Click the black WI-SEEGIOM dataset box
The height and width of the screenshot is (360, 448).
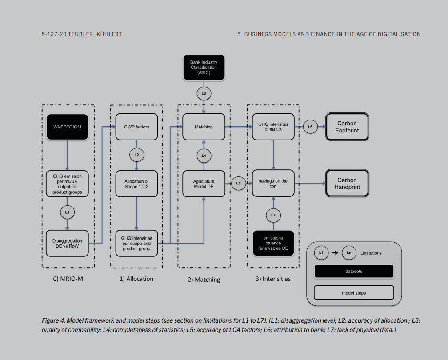pos(67,127)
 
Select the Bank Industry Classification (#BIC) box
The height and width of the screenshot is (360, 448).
pos(204,67)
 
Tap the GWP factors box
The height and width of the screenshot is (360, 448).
pos(136,127)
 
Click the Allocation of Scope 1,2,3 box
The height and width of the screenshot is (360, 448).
pos(136,184)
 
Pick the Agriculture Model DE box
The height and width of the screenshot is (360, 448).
pos(204,184)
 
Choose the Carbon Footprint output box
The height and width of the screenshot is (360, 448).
pos(347,127)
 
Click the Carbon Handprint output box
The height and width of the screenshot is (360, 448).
pos(347,184)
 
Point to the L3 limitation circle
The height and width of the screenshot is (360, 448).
pos(204,94)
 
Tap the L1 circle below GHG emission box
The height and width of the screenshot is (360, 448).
pos(67,212)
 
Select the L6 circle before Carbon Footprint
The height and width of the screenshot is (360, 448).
pos(310,127)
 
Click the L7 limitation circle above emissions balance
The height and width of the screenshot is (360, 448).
pos(273,215)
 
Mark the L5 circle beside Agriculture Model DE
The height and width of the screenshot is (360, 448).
pos(238,183)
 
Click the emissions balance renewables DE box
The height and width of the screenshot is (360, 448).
pos(273,243)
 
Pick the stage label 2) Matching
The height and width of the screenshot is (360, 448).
pos(204,280)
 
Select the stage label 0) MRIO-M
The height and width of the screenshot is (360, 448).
pos(68,279)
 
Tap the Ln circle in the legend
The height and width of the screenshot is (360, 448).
pos(349,253)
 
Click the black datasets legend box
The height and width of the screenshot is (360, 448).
pos(354,271)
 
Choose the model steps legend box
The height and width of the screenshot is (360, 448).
pos(354,292)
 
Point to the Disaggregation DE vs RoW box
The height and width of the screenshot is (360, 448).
pos(67,243)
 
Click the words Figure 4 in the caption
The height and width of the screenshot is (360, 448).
pos(54,320)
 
